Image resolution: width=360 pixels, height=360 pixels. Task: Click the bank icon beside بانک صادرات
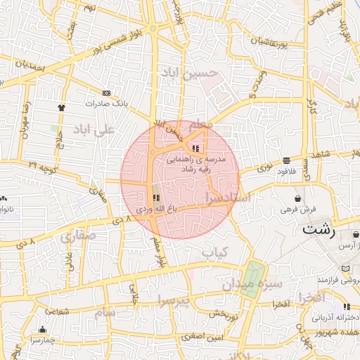(x=107, y=93)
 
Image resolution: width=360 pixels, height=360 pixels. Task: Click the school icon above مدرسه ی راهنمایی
(x=195, y=148)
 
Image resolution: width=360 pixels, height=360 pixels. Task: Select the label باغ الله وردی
(x=153, y=210)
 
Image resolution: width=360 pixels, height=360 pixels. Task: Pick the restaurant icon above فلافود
(x=287, y=160)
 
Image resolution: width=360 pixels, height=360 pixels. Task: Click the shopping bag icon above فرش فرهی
(x=299, y=198)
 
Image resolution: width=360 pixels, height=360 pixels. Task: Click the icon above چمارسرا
(x=44, y=330)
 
